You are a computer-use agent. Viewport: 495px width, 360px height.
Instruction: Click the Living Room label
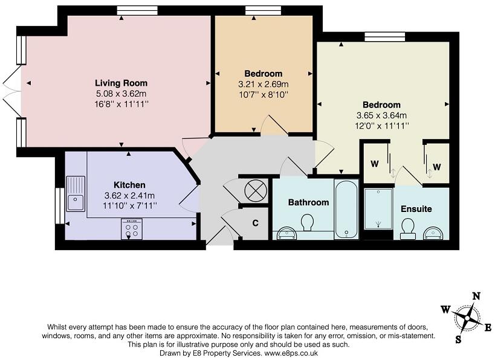click(x=121, y=83)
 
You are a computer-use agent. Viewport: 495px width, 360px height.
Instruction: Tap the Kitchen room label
click(x=129, y=185)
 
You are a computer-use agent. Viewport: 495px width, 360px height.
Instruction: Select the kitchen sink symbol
click(x=76, y=193)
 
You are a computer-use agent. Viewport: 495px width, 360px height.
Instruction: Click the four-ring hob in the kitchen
click(x=131, y=229)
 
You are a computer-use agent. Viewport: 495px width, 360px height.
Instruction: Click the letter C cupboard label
click(x=255, y=223)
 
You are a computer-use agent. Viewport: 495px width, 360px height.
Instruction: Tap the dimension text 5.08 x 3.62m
click(x=121, y=94)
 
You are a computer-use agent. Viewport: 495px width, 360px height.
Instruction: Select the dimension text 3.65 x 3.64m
click(x=381, y=115)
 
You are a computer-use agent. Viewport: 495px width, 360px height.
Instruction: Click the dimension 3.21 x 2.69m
click(x=264, y=85)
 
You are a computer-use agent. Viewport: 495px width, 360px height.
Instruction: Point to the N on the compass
click(x=476, y=296)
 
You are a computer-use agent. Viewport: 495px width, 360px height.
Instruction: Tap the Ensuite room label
click(x=416, y=209)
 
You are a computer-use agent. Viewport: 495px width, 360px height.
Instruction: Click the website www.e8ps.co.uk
click(x=291, y=352)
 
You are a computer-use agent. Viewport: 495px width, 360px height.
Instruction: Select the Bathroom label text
click(x=308, y=202)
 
